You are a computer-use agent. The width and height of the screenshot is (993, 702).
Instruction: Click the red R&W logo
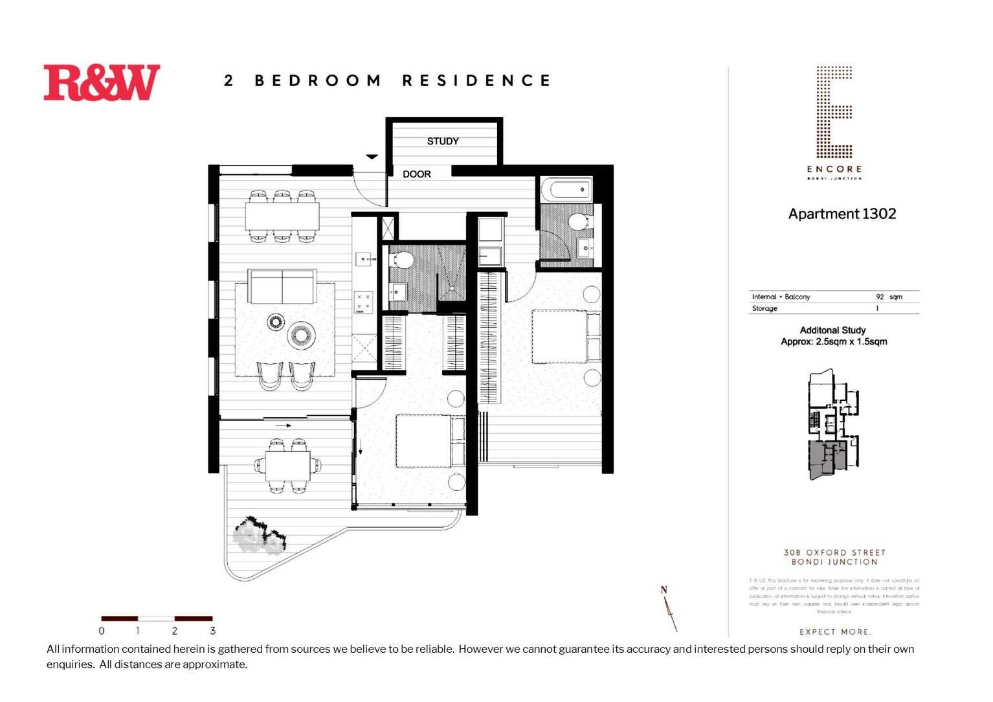pyautogui.click(x=102, y=83)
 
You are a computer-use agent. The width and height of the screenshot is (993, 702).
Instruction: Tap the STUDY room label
pyautogui.click(x=443, y=141)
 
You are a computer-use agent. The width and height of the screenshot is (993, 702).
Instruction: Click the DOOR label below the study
pyautogui.click(x=416, y=174)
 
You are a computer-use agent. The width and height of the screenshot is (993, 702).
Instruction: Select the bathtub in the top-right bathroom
pyautogui.click(x=566, y=190)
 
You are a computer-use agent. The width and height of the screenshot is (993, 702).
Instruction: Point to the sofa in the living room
pyautogui.click(x=282, y=286)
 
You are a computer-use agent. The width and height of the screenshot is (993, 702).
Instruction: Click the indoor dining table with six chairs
pyautogui.click(x=282, y=216)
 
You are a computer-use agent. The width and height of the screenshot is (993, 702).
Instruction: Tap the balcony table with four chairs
pyautogui.click(x=287, y=465)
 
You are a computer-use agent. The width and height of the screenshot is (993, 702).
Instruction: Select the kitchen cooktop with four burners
pyautogui.click(x=363, y=302)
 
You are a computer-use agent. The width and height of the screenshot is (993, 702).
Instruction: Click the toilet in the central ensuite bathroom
pyautogui.click(x=403, y=260)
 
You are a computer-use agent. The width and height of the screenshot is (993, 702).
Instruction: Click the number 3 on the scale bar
pyautogui.click(x=212, y=631)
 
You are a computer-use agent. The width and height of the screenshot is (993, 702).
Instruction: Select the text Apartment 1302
pyautogui.click(x=842, y=214)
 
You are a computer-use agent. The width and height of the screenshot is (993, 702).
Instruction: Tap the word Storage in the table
pyautogui.click(x=764, y=309)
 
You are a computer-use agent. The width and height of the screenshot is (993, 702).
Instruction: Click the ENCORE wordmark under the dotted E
pyautogui.click(x=834, y=169)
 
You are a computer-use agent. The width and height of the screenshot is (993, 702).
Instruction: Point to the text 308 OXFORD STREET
pyautogui.click(x=834, y=552)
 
